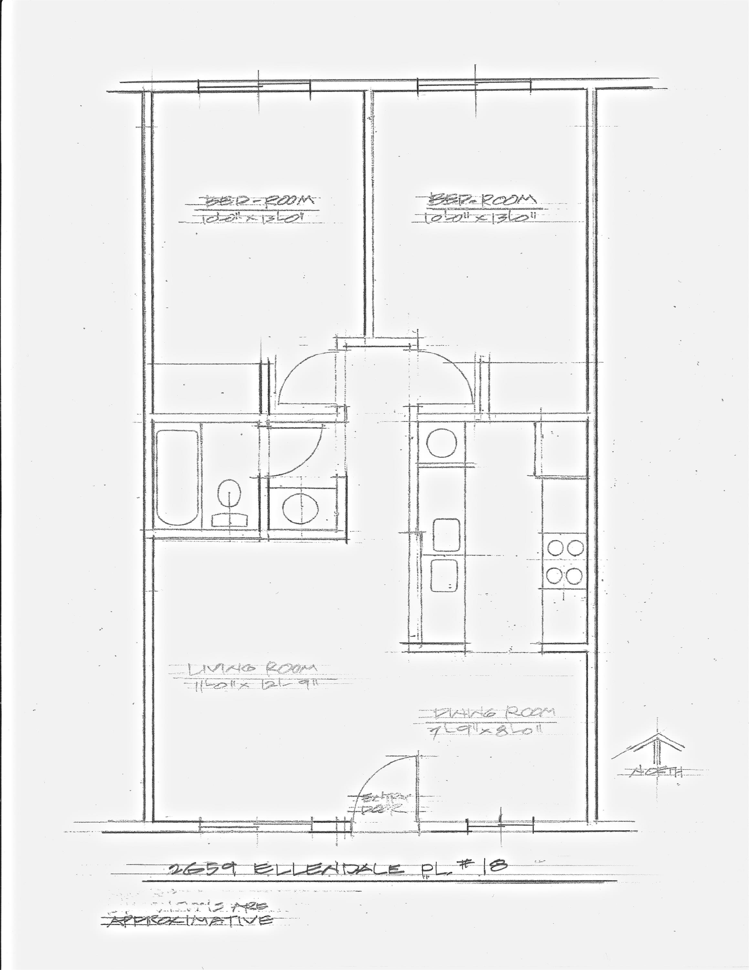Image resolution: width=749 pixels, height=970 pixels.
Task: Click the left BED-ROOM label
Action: point(261,201)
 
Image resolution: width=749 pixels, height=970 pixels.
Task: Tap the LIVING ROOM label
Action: point(252,668)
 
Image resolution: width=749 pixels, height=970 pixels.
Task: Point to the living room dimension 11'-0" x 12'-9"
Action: point(257,686)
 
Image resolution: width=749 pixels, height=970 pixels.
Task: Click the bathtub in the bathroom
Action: point(177,478)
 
